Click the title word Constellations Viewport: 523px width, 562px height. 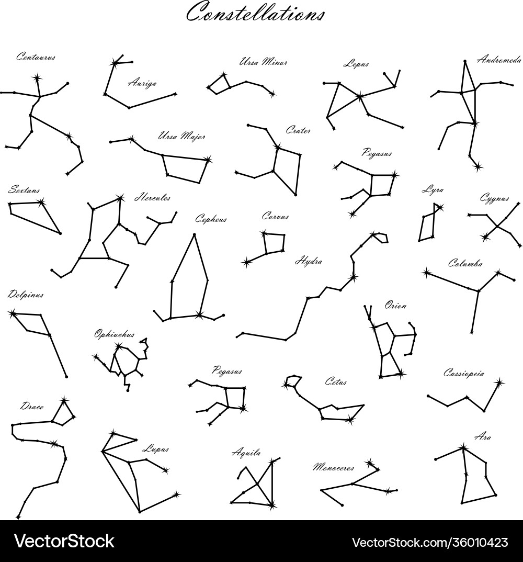point(255,13)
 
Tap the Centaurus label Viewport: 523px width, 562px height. point(35,57)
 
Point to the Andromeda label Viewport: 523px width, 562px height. point(498,60)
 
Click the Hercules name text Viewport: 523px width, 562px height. point(152,198)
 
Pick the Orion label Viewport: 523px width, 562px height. point(395,305)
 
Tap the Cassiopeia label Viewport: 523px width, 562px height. point(463,373)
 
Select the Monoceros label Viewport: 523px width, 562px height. point(333,467)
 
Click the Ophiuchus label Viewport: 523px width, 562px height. point(114,333)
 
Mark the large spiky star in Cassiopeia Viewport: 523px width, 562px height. point(498,383)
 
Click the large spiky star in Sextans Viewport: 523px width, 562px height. point(41,202)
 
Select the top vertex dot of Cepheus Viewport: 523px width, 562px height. point(194,234)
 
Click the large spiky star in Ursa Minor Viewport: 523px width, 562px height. point(224,75)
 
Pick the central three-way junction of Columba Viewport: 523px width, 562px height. point(477,291)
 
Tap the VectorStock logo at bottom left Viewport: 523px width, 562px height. point(64,541)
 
